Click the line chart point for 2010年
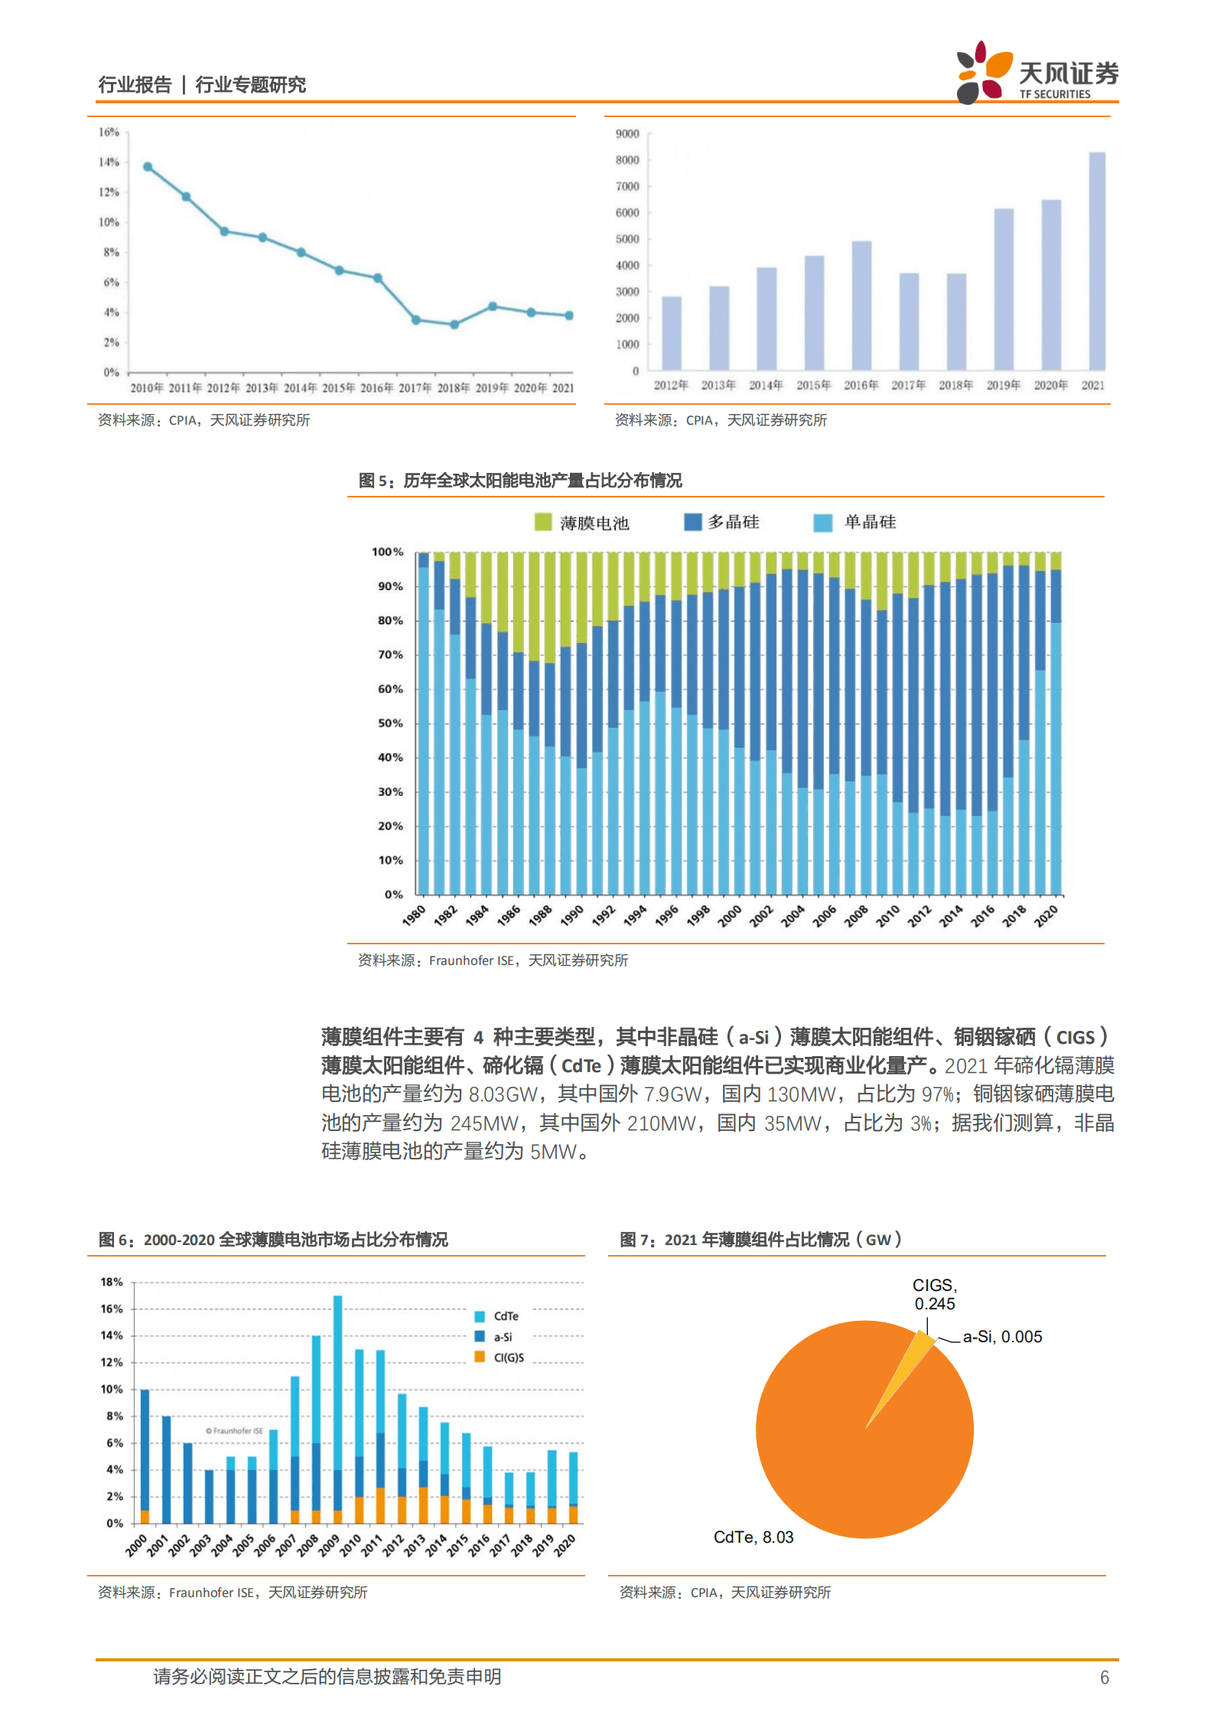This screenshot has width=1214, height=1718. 148,167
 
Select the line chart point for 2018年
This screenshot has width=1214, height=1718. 454,324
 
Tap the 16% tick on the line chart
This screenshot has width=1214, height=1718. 109,132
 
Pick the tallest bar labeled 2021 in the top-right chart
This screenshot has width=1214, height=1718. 1096,260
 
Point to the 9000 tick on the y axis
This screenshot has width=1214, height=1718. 627,134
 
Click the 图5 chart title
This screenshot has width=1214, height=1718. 520,481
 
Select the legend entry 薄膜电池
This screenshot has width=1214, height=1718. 581,523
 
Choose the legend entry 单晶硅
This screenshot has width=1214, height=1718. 855,522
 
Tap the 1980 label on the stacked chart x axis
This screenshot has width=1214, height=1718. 414,915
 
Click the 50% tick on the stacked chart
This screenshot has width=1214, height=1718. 390,723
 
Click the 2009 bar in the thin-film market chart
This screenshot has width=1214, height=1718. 337,1408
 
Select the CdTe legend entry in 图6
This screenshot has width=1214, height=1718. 496,1316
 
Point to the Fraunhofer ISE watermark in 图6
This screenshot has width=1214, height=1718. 234,1431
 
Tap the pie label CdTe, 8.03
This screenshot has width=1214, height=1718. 753,1537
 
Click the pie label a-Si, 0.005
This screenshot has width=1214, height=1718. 1002,1337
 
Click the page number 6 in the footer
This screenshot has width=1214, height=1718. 1104,1677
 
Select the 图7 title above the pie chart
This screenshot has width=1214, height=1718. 760,1240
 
